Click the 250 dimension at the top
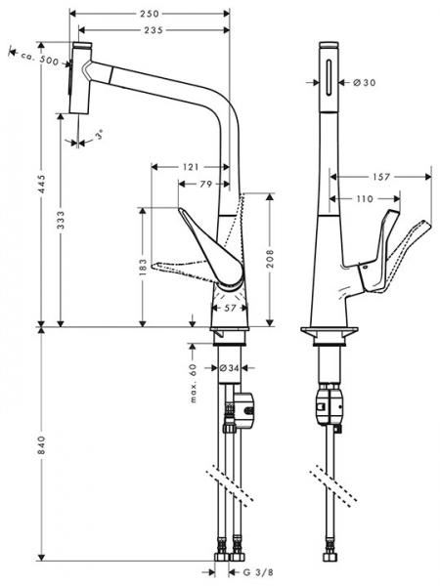[x=150, y=15]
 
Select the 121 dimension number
[x=191, y=167]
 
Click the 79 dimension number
[x=206, y=184]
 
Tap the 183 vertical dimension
[x=143, y=265]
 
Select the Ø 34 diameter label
[x=229, y=368]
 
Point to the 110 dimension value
[x=365, y=199]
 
